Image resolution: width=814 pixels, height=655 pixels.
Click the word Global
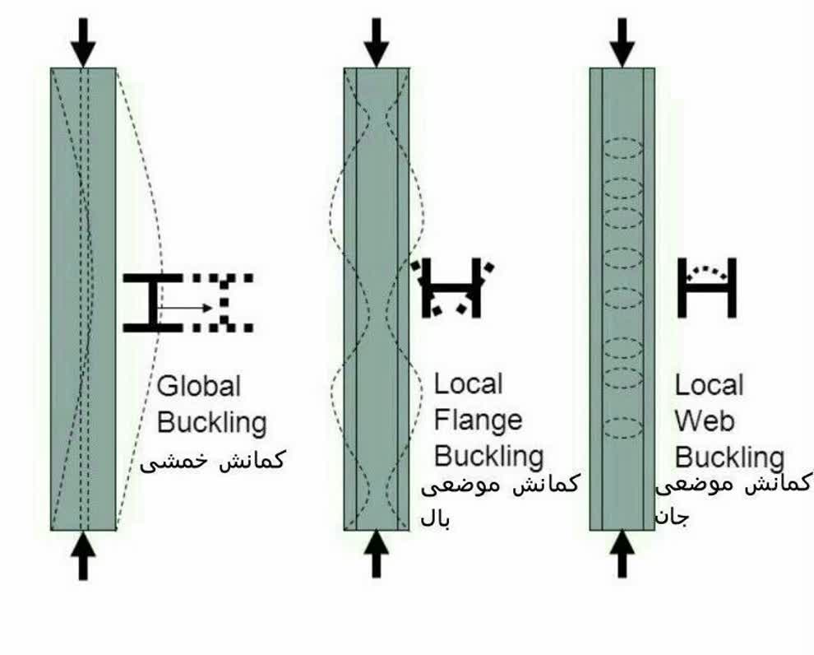click(199, 387)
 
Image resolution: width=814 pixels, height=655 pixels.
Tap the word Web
click(705, 420)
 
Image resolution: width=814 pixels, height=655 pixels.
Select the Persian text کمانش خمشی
click(212, 460)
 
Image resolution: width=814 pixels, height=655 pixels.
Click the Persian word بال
click(435, 518)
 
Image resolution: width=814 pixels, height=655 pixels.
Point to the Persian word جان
click(672, 518)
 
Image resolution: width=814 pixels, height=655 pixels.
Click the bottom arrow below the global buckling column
click(83, 555)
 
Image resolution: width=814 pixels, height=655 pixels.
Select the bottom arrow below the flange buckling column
click(377, 554)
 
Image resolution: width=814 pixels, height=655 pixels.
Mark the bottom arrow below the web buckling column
click(622, 554)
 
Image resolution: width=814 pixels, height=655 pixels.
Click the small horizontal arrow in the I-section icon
click(185, 308)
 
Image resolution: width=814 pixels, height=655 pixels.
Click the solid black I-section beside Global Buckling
click(152, 303)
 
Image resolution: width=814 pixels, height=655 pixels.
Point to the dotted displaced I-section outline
click(223, 303)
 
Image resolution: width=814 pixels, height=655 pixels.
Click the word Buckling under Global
click(212, 423)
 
